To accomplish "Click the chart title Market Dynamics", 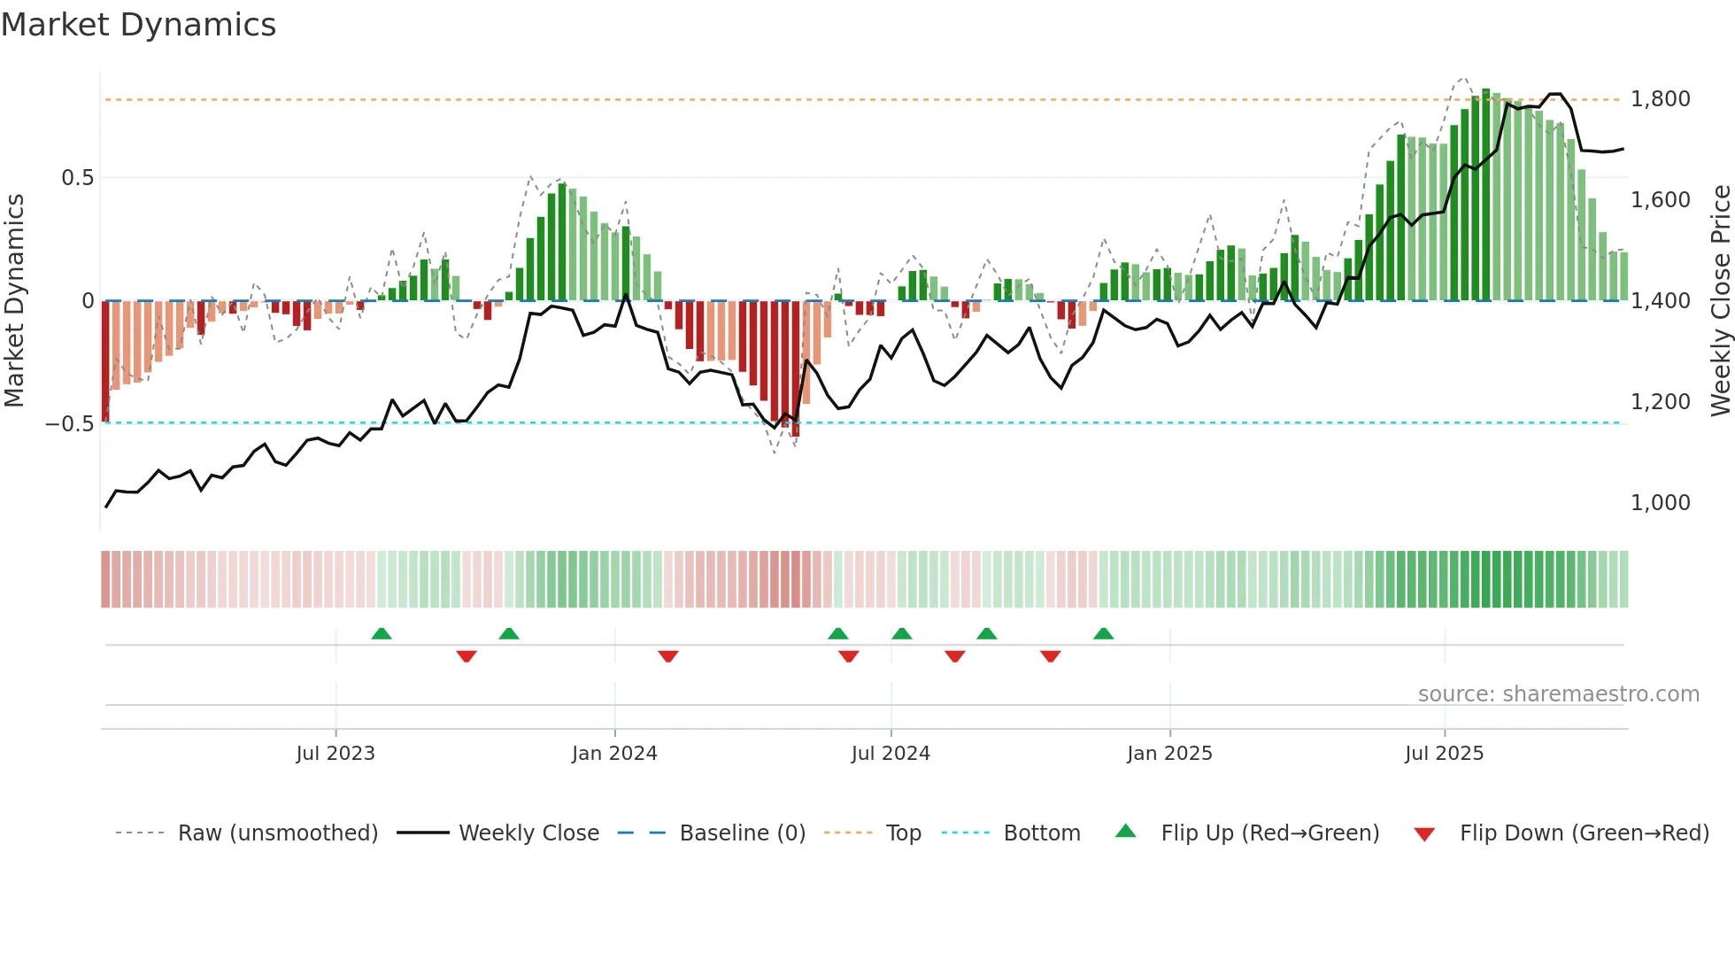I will tap(138, 25).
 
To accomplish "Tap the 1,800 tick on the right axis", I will tap(1660, 99).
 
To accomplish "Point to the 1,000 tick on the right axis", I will tap(1660, 503).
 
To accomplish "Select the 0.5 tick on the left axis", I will tap(77, 178).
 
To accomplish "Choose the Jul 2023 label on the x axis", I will tap(335, 754).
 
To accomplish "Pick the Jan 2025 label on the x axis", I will tap(1169, 754).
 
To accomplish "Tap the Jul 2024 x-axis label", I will tap(891, 754).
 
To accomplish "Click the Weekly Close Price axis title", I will tap(1720, 301).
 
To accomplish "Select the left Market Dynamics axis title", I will tap(14, 301).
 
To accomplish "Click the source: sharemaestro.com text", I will tap(1558, 694).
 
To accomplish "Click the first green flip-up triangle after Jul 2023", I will tap(382, 634).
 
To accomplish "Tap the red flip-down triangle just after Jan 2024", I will tap(668, 656).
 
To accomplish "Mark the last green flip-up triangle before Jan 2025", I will tap(1103, 634).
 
